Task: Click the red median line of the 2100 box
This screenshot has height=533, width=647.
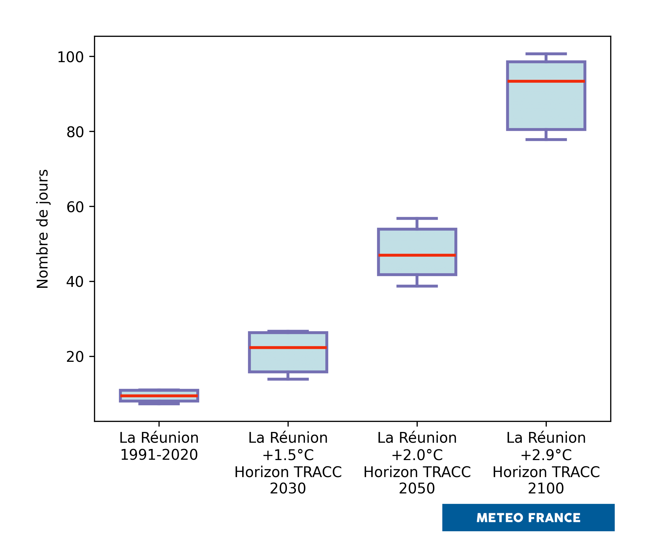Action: click(546, 81)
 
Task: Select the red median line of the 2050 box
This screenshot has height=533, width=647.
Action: click(417, 255)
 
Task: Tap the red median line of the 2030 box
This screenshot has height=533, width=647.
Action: click(288, 348)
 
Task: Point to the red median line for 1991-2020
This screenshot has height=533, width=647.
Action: click(159, 396)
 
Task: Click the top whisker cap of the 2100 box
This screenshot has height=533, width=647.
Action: click(546, 54)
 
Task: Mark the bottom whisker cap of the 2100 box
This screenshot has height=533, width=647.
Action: click(546, 140)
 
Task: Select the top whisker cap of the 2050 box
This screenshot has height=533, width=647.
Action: click(417, 218)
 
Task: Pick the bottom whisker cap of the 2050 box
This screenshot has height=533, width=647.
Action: click(417, 286)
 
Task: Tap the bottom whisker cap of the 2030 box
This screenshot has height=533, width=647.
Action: click(288, 379)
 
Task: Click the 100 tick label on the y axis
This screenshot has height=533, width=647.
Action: click(71, 57)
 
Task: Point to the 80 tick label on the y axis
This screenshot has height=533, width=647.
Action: click(75, 132)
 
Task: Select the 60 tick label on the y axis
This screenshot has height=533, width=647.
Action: click(75, 207)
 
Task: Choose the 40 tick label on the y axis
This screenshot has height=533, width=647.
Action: click(75, 282)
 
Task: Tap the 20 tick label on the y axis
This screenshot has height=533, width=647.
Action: click(75, 357)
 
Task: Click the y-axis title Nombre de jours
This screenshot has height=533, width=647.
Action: click(43, 229)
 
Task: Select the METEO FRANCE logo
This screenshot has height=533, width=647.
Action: click(528, 518)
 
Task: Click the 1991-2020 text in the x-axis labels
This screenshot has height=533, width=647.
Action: click(159, 455)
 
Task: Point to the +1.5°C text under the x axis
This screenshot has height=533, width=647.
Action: click(288, 455)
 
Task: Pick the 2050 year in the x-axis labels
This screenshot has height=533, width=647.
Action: click(417, 489)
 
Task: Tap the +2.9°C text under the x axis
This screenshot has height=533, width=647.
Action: click(546, 455)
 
